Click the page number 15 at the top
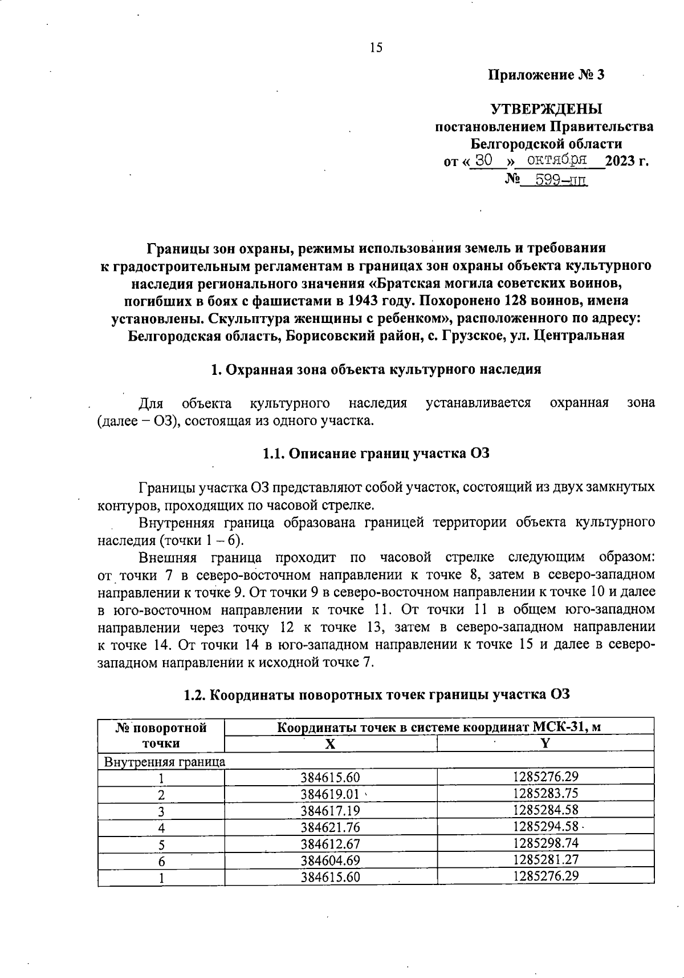point(376,48)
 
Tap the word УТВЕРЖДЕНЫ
point(547,109)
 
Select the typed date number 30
point(483,160)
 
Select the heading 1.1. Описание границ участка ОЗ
point(376,454)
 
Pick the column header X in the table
point(330,743)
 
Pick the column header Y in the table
point(545,742)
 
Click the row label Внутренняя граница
point(164,762)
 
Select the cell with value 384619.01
point(331,794)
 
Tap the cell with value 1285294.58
point(545,826)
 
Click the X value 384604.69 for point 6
point(331,860)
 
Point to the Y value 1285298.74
point(545,843)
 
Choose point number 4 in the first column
point(161,827)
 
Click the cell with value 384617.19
point(331,811)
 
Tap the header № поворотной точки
point(161,735)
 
